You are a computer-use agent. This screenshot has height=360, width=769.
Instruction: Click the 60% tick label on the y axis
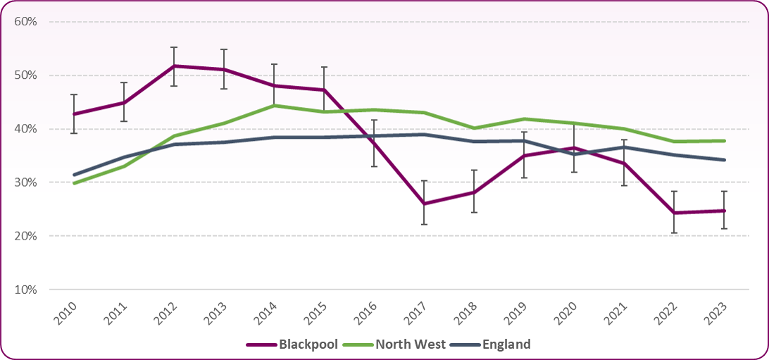[x=25, y=22]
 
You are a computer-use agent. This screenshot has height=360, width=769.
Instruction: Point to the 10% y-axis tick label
[x=25, y=290]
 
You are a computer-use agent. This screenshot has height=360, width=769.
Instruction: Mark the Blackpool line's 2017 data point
[x=424, y=204]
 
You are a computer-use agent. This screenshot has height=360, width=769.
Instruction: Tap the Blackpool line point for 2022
[x=674, y=213]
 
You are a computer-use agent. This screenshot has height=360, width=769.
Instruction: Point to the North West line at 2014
[x=273, y=106]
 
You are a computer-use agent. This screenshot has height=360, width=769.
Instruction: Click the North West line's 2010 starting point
[x=74, y=183]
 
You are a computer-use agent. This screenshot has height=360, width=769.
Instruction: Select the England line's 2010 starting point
[x=74, y=175]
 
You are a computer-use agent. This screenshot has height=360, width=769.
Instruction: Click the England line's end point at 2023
[x=725, y=160]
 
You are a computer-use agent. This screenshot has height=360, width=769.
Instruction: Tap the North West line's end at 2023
[x=725, y=141]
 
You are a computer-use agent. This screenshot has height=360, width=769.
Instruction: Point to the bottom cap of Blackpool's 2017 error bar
[x=424, y=224]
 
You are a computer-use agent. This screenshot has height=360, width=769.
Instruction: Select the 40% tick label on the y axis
[x=25, y=129]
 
